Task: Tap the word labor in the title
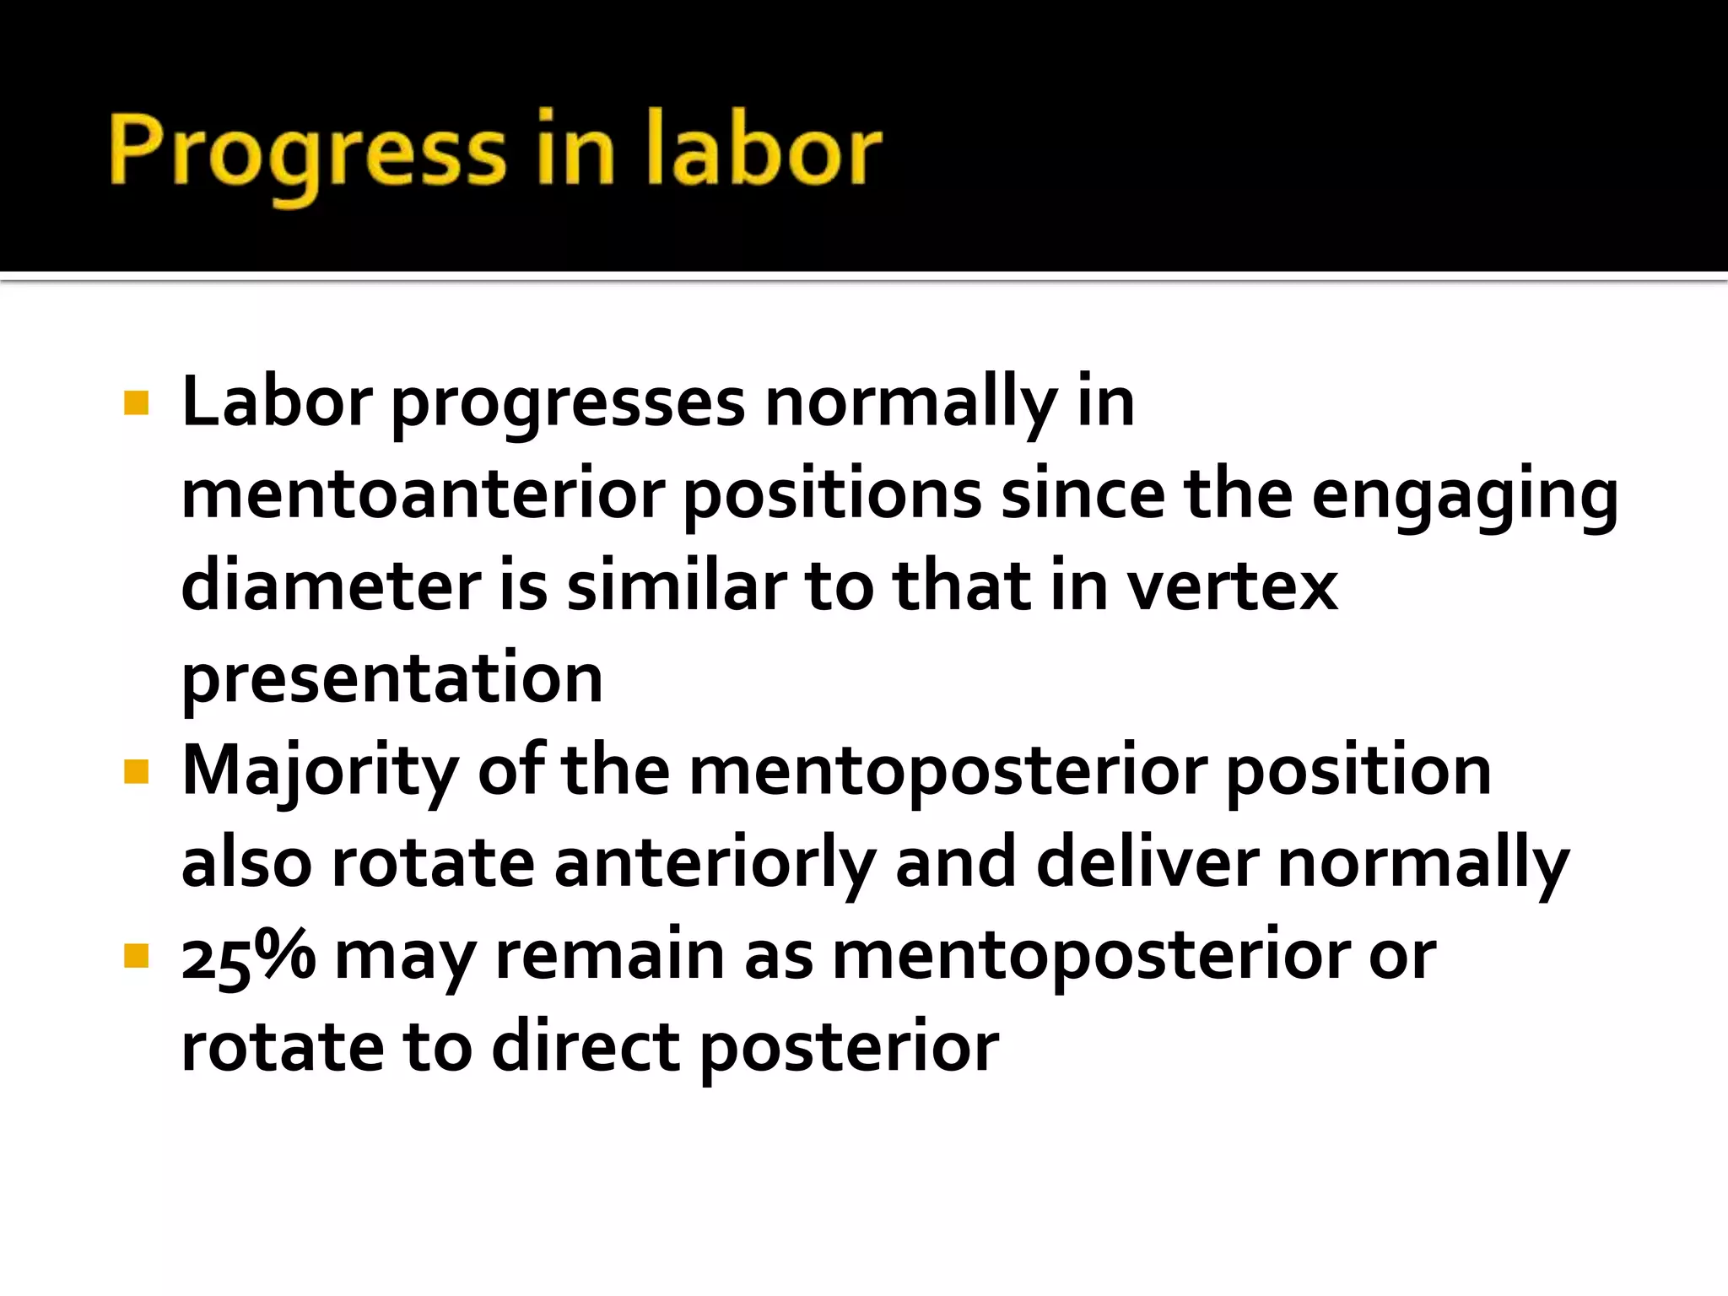click(764, 152)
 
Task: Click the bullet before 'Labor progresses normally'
click(136, 403)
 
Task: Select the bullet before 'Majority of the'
click(136, 771)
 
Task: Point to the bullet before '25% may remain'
click(136, 956)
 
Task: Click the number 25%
click(248, 956)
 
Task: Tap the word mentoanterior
click(423, 494)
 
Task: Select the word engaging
click(1465, 494)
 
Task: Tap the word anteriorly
click(714, 863)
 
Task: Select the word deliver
click(1147, 863)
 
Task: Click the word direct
click(586, 1047)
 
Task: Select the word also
click(246, 863)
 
